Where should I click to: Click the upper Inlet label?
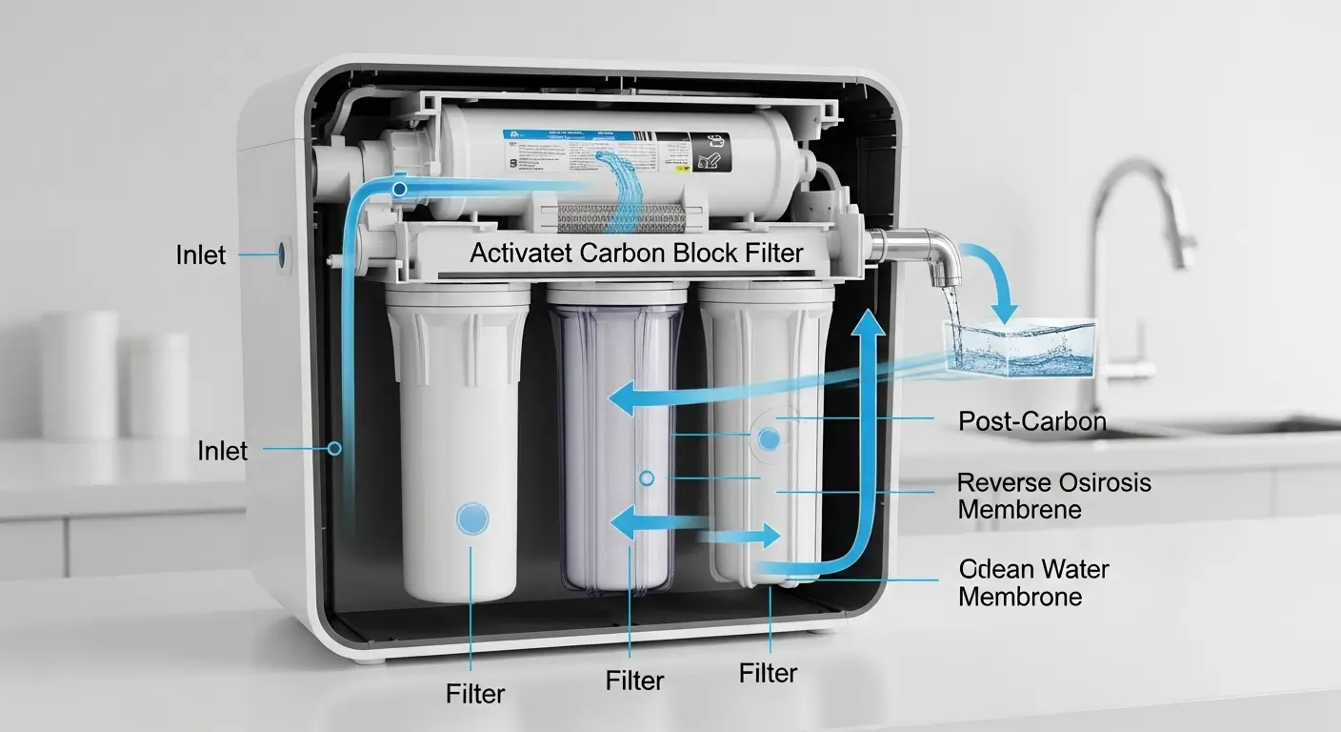[201, 254]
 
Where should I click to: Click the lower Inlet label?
[223, 450]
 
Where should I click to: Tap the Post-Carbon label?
[1032, 420]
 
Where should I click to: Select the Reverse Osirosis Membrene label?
[1053, 496]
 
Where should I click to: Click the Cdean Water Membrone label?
[1033, 583]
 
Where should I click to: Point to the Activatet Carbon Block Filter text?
[636, 254]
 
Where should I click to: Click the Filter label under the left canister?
[475, 693]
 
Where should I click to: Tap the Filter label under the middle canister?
[634, 681]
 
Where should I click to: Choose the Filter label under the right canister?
[768, 673]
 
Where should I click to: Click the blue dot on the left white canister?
[472, 518]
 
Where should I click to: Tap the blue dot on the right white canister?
[770, 438]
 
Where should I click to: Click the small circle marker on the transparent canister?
[647, 477]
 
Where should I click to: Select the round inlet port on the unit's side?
[282, 254]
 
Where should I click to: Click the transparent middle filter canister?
[618, 448]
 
